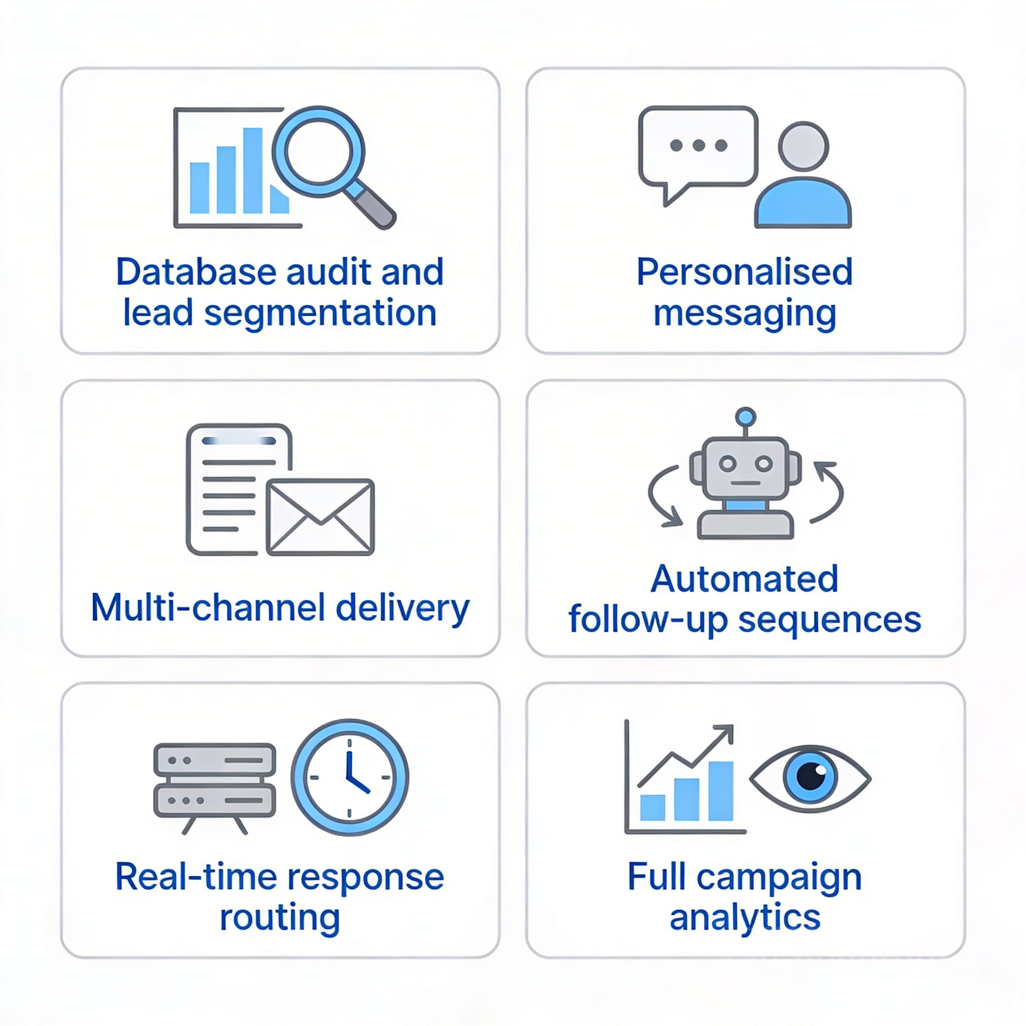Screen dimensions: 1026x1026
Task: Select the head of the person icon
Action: coord(803,147)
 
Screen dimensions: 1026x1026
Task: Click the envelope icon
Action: coord(320,517)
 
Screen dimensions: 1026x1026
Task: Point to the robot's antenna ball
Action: coord(746,416)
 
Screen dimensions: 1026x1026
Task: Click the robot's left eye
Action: coord(727,463)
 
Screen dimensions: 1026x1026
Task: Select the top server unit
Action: coord(214,760)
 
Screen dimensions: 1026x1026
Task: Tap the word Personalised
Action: coord(744,272)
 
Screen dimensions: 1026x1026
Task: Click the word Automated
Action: coord(744,578)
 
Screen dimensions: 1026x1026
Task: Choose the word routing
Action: coord(280,918)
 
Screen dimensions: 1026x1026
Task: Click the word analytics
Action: coord(744,917)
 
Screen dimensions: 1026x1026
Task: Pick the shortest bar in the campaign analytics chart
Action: coord(652,807)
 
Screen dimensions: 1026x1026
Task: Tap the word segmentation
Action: coord(320,313)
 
